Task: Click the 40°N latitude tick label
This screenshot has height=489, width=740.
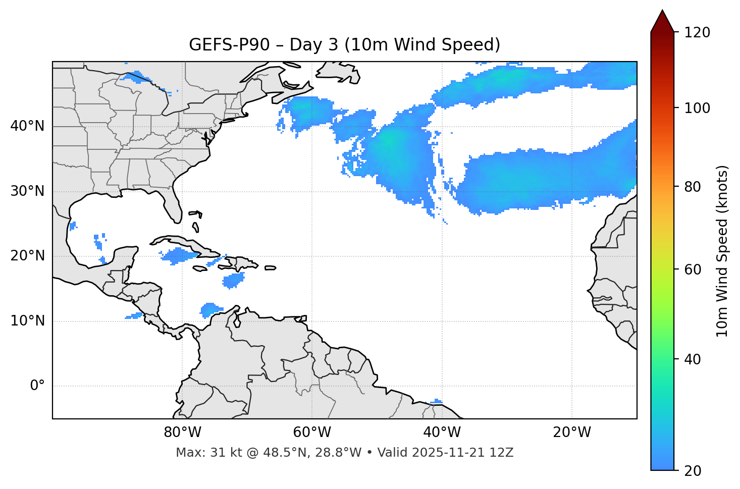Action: pos(27,126)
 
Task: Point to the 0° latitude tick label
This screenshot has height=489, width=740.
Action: pos(37,386)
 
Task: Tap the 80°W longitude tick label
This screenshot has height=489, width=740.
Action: pos(182,432)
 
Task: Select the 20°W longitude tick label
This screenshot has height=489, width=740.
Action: pos(572,432)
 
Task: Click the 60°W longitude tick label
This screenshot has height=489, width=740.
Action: pos(312,432)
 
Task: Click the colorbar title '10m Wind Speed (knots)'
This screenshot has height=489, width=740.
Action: pos(722,251)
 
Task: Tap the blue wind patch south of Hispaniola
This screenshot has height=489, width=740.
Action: pos(233,280)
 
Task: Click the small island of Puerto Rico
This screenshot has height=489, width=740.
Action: pos(270,268)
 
